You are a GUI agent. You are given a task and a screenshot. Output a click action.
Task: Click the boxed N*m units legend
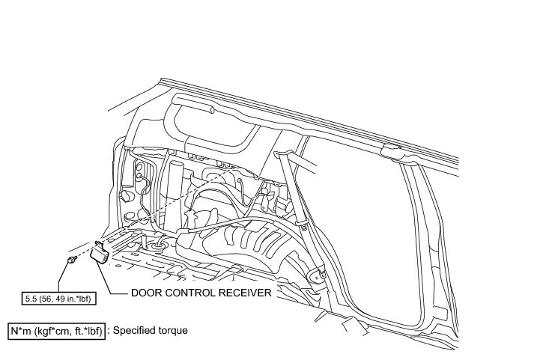tap(56, 329)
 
